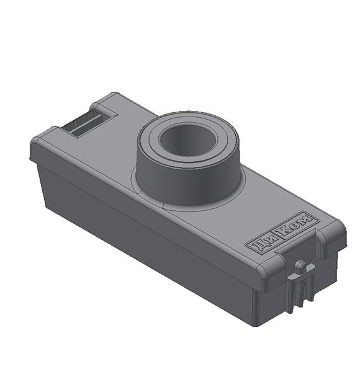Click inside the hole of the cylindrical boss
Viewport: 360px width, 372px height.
(x=186, y=139)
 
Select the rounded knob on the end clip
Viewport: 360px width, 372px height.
(x=300, y=267)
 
